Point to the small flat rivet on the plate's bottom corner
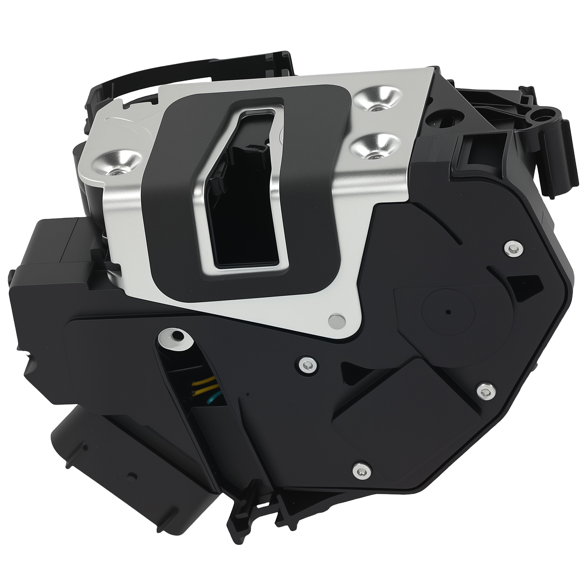pos(337,320)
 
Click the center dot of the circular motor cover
pos(448,312)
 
